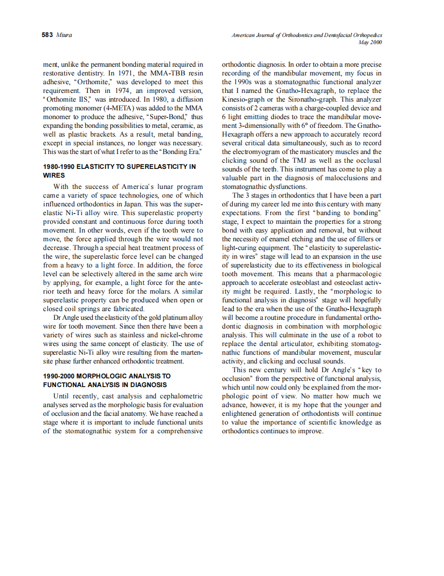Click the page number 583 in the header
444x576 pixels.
pyautogui.click(x=48, y=35)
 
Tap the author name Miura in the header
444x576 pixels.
pyautogui.click(x=65, y=35)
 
